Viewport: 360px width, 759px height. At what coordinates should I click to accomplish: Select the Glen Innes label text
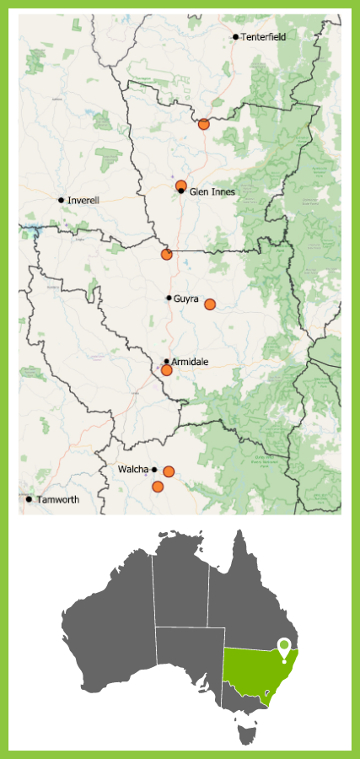pos(212,192)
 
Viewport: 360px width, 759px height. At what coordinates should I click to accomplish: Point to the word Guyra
pos(186,299)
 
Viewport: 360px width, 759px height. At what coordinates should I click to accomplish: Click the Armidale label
pos(190,362)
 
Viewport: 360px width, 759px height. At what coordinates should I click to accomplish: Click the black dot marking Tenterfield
pos(235,37)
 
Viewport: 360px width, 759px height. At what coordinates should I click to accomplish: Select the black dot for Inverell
pos(61,200)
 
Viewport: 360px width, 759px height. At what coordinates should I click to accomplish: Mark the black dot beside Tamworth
pos(29,499)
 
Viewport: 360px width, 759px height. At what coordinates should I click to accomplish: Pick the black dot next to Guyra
pos(169,298)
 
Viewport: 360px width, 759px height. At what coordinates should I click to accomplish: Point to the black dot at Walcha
pos(154,469)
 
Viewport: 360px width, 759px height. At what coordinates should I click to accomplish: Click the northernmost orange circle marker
pos(203,124)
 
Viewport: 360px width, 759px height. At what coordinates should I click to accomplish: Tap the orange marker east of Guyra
pos(210,304)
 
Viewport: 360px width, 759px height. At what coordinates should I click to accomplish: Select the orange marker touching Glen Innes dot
pos(180,185)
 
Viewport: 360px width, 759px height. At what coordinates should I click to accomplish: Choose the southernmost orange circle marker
pos(157,487)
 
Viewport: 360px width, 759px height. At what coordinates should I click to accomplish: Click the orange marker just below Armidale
pos(167,370)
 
